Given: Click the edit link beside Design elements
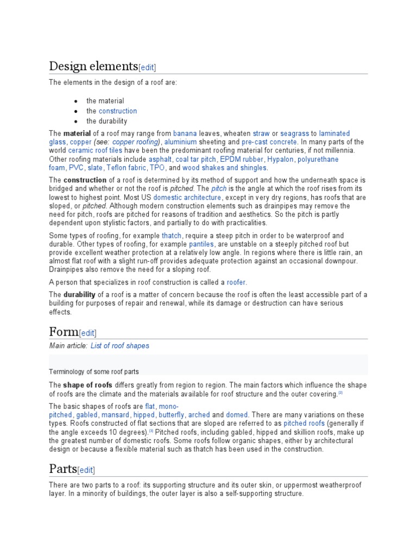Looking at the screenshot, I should (147, 68).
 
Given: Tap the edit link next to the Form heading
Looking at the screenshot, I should (88, 333).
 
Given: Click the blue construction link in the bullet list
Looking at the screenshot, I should (118, 111).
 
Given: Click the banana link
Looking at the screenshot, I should (185, 133).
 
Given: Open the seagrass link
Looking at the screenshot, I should (294, 133).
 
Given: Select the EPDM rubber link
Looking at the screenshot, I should (242, 159).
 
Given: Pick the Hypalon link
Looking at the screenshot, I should (281, 159).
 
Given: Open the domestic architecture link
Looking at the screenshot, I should (187, 198).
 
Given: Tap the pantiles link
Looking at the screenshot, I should (201, 244).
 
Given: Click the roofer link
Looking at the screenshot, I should (236, 282).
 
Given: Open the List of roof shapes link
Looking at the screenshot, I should (120, 346).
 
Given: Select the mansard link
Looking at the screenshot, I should (116, 415).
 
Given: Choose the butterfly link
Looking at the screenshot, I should (172, 415).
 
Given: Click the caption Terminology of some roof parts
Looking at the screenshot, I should (94, 372).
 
